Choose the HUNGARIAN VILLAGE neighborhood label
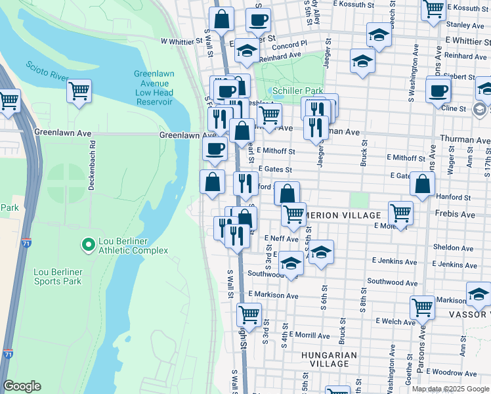[329, 359]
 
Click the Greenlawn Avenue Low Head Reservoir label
[154, 88]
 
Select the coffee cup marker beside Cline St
[438, 91]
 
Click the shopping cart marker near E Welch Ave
[422, 306]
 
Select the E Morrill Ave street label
[312, 335]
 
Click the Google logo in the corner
[22, 386]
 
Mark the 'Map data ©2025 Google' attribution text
[450, 389]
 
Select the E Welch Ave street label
[396, 321]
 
